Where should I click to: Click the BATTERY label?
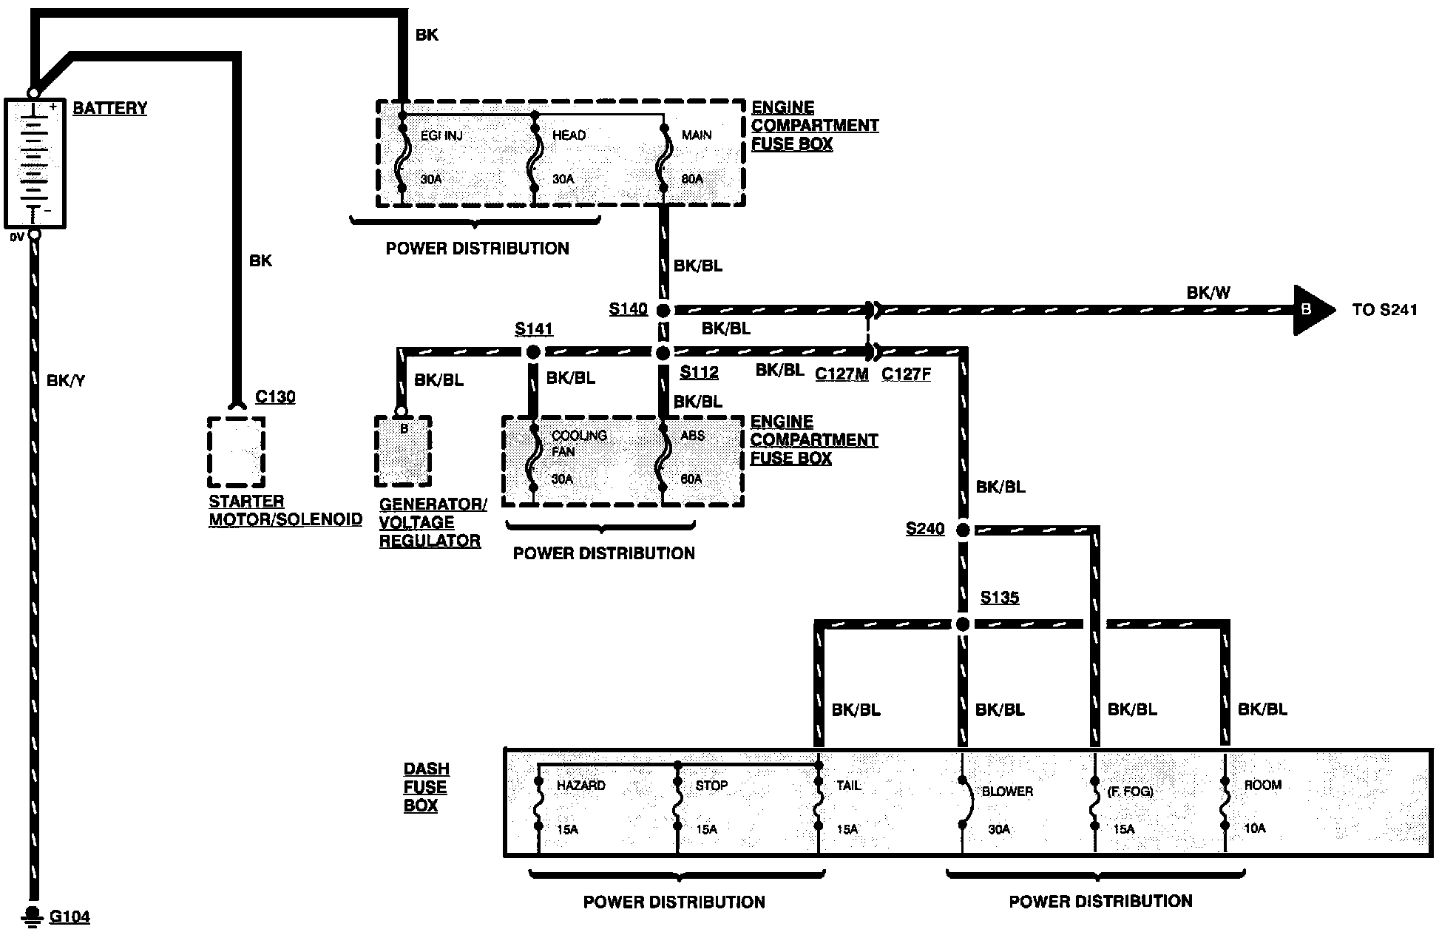click(109, 108)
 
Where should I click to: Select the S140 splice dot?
click(663, 311)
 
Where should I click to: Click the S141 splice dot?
click(532, 353)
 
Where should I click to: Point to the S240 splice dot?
click(963, 530)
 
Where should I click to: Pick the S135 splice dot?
click(963, 624)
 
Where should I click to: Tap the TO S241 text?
click(1384, 310)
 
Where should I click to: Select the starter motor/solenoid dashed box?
click(236, 451)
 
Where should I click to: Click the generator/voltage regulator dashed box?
click(403, 451)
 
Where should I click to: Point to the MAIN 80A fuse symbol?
click(663, 159)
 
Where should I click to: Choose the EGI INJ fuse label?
click(441, 135)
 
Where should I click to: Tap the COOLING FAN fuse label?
click(578, 442)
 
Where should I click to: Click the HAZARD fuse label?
click(580, 785)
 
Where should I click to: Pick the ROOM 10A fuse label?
click(1263, 785)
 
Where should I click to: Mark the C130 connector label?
click(275, 397)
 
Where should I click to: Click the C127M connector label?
click(842, 374)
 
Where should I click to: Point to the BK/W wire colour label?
click(1208, 293)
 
